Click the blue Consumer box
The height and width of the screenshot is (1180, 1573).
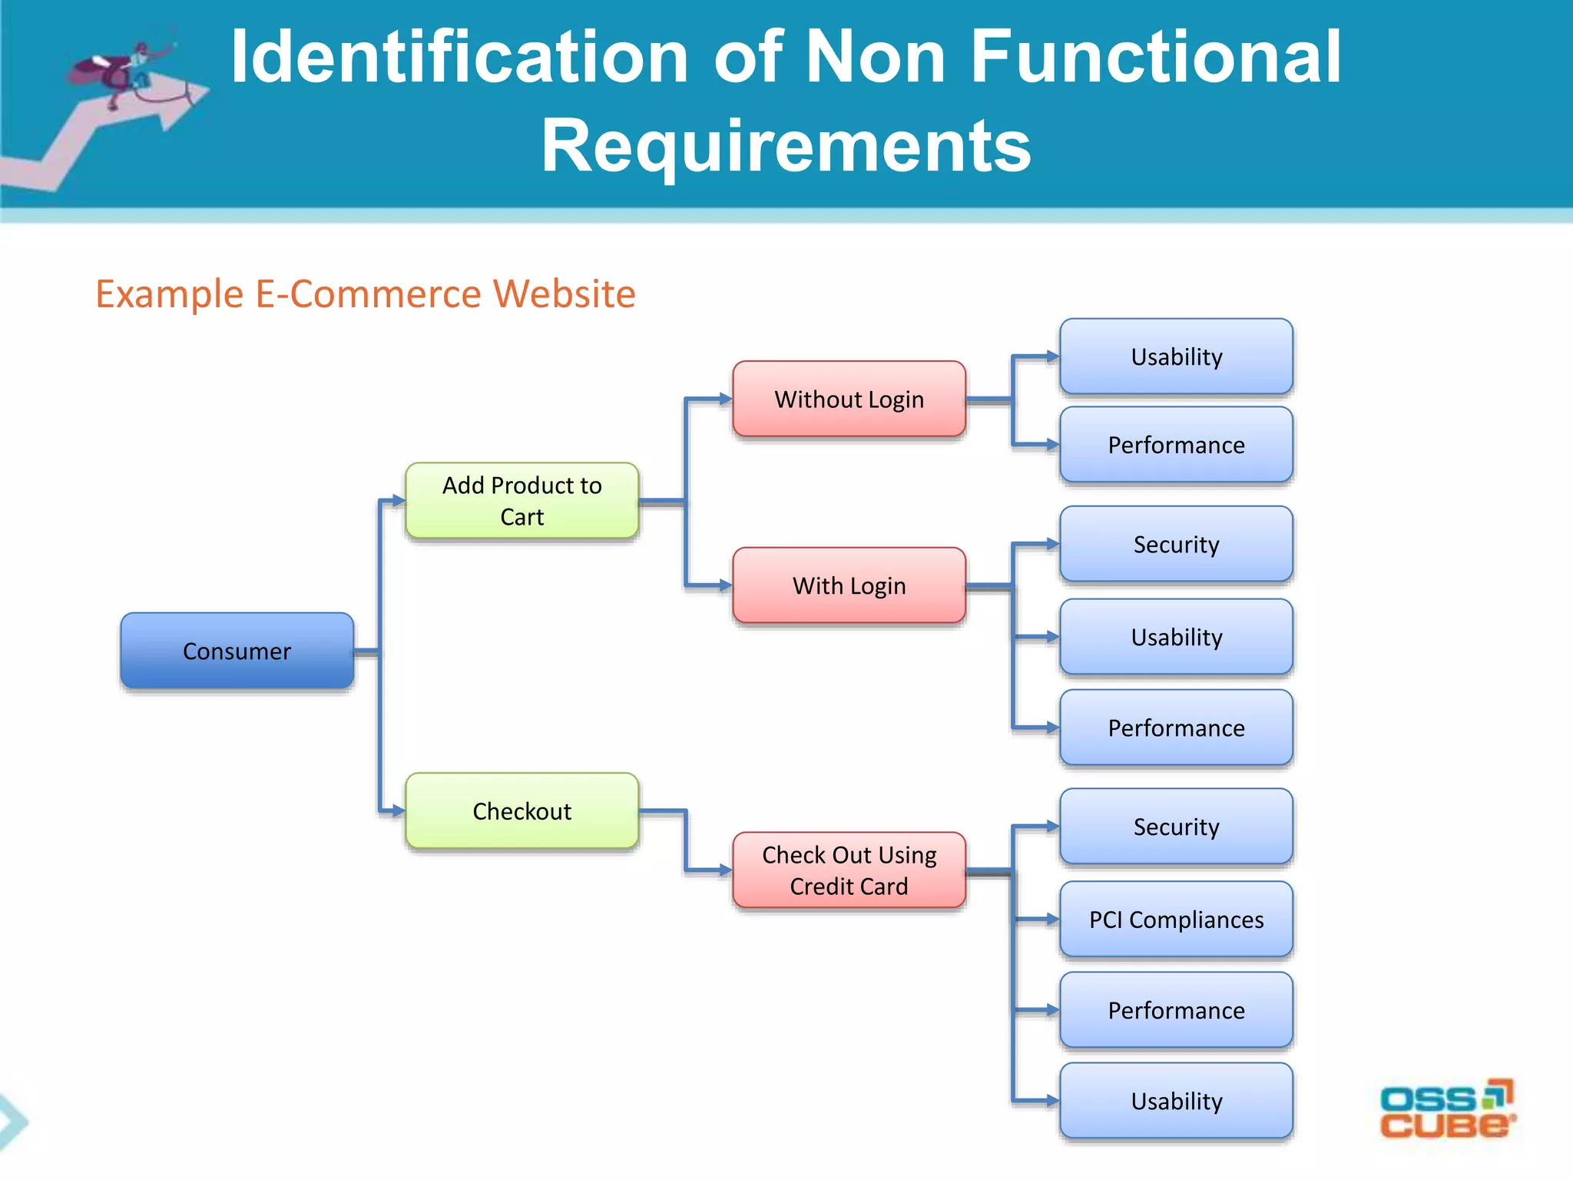point(237,651)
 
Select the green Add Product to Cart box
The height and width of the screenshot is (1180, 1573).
point(522,500)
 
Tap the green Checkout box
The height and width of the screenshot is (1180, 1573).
point(522,810)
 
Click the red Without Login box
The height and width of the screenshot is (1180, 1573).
point(849,399)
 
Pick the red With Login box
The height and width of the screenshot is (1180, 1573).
point(849,585)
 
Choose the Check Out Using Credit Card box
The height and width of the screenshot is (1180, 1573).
point(849,870)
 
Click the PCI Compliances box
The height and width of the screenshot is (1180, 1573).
point(1176,919)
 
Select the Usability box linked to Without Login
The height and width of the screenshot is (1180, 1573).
point(1176,356)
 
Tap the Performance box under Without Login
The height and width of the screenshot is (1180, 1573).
point(1176,445)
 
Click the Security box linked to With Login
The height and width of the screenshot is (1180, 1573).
point(1176,544)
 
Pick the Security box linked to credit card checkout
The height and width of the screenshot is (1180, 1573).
point(1176,827)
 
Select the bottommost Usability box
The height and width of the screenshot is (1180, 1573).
point(1176,1100)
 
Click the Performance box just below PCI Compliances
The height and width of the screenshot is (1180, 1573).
point(1176,1009)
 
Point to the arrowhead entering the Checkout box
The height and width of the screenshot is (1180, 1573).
point(398,810)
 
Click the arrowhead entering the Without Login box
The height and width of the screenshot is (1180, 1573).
point(725,399)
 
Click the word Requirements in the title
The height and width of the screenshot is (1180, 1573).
point(786,146)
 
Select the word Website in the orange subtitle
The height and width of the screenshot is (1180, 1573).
point(564,294)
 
